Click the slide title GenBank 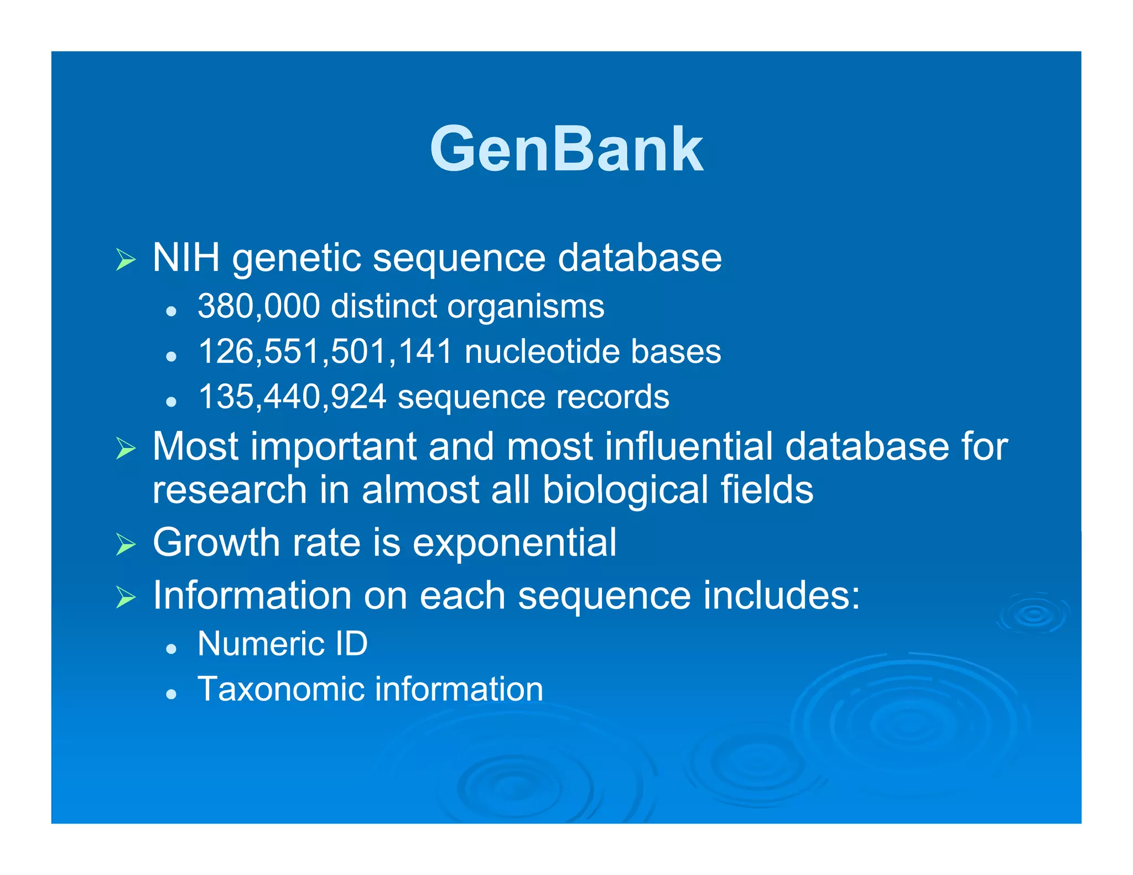[x=566, y=149]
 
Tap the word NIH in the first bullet [x=186, y=258]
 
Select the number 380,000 [x=258, y=306]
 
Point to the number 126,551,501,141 [x=325, y=352]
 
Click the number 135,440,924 [x=292, y=397]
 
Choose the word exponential [x=514, y=543]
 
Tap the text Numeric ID [x=282, y=644]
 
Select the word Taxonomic [x=280, y=689]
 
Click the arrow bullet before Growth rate [x=126, y=545]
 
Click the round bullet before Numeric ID [x=171, y=648]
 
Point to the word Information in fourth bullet [x=252, y=596]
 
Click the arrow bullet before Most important [x=126, y=449]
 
